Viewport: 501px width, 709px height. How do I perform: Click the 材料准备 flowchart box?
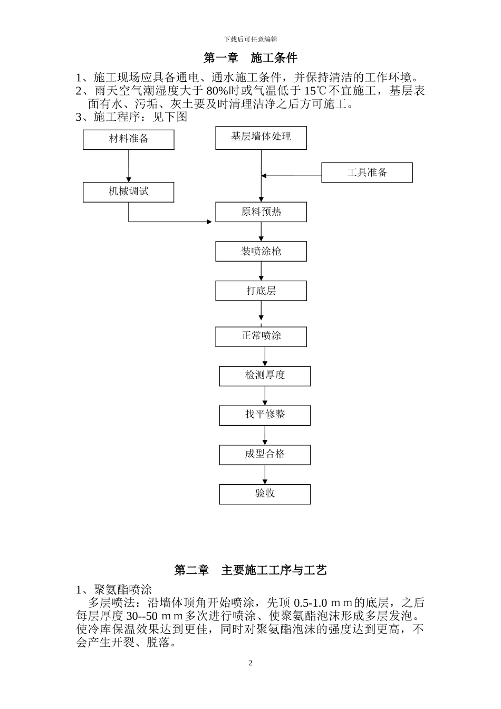point(129,140)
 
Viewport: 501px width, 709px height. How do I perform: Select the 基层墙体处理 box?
point(261,138)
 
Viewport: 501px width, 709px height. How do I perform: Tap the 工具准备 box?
point(367,173)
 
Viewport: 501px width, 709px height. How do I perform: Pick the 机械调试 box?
point(129,192)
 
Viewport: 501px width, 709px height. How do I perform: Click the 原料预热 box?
point(261,212)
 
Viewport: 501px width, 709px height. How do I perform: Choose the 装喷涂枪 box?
point(261,252)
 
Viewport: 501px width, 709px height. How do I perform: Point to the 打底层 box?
point(261,291)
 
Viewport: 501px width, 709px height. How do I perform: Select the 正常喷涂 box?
point(261,337)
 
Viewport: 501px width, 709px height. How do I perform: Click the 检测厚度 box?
point(265,376)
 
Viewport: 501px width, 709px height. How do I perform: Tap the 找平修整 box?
point(265,415)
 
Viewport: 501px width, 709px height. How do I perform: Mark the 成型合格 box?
point(265,455)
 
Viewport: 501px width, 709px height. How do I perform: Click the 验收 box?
point(265,494)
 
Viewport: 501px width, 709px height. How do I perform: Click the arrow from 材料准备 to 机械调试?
point(129,166)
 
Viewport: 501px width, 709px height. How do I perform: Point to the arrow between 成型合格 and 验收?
point(265,475)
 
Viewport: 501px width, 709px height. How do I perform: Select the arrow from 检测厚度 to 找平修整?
point(265,396)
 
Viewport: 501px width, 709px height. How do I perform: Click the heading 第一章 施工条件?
point(250,58)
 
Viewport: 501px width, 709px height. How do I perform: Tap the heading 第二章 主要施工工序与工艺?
point(250,570)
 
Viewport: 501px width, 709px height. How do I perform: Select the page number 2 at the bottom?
point(250,663)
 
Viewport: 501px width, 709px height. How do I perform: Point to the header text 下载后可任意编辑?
point(250,39)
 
